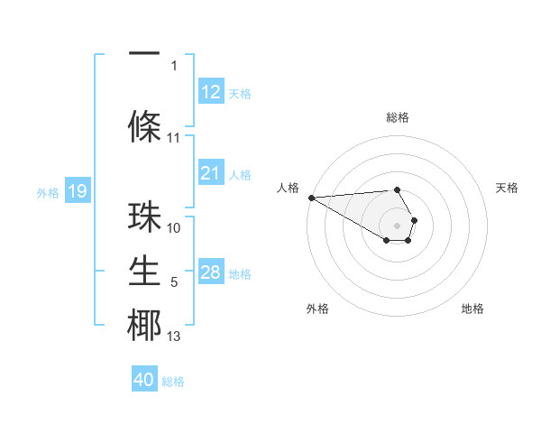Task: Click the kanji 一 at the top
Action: point(144,54)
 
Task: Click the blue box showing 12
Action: point(210,91)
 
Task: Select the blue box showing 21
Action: point(210,173)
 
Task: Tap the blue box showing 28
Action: point(210,272)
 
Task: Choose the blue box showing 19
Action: point(77,191)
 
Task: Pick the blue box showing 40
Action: point(144,380)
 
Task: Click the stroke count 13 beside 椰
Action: point(174,336)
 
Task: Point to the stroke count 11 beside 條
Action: point(174,138)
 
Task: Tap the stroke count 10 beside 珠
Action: point(174,228)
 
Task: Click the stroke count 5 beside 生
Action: point(174,282)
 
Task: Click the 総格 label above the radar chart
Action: point(397,117)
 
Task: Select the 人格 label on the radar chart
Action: point(288,188)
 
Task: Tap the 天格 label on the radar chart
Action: point(508,188)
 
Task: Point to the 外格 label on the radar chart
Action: point(317,309)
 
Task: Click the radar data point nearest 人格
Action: point(311,198)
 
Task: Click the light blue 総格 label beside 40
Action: point(173,382)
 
